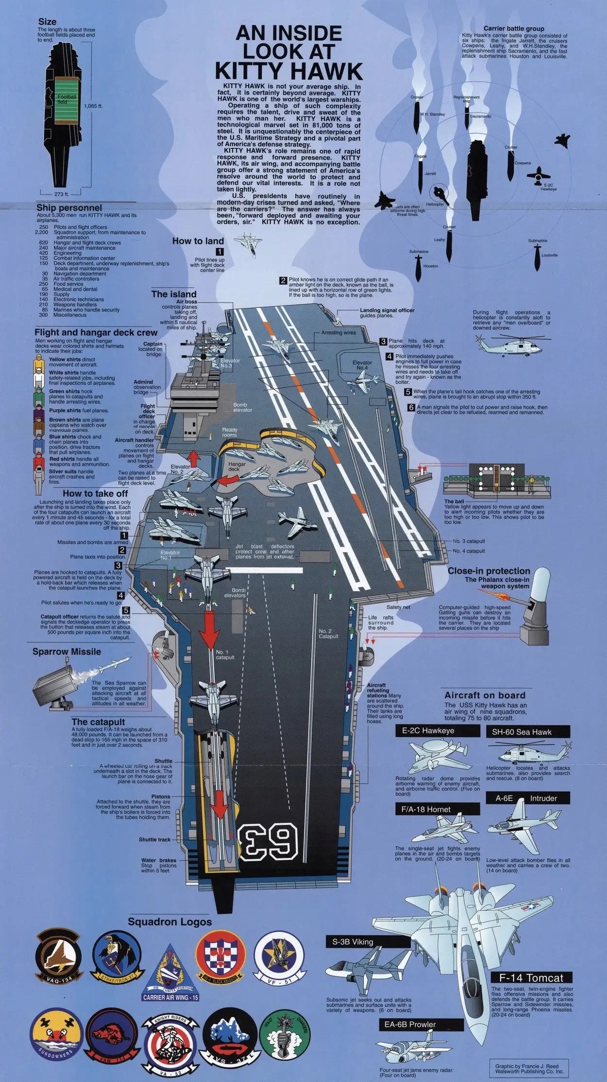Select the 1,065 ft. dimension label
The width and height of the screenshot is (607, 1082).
click(x=93, y=105)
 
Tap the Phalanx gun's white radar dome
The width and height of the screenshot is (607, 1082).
click(x=540, y=586)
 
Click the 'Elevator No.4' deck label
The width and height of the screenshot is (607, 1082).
click(x=362, y=365)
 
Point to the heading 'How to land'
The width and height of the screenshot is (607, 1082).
click(x=198, y=241)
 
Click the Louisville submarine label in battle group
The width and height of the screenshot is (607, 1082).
click(x=549, y=255)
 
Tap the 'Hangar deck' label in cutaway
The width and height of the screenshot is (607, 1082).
click(x=237, y=466)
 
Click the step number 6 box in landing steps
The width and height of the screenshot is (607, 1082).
click(x=411, y=408)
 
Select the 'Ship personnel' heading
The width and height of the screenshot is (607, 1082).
click(x=69, y=208)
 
